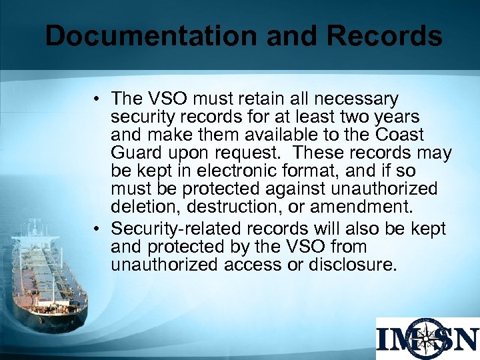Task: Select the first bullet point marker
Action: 97,100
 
